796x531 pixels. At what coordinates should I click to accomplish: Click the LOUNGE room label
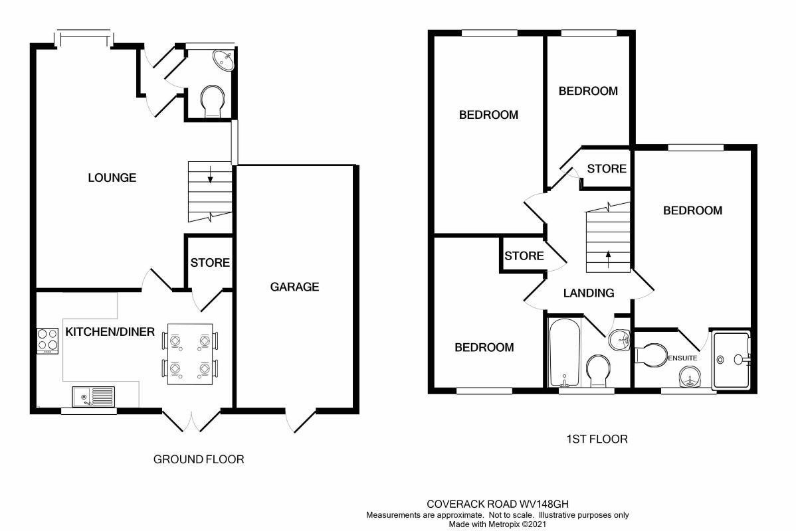[112, 178]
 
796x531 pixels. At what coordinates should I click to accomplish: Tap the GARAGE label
[294, 287]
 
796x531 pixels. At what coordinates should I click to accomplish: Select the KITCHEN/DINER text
[110, 332]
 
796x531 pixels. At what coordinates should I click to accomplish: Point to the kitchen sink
[93, 397]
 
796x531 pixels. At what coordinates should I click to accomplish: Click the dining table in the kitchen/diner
[189, 354]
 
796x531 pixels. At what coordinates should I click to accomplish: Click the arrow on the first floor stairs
[607, 256]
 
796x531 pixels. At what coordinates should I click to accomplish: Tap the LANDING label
[589, 293]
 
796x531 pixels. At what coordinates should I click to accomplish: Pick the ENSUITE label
[682, 358]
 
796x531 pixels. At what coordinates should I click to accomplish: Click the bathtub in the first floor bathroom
[565, 352]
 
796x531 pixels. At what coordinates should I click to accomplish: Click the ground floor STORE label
[210, 263]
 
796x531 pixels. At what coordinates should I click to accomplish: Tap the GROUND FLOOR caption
[199, 459]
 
